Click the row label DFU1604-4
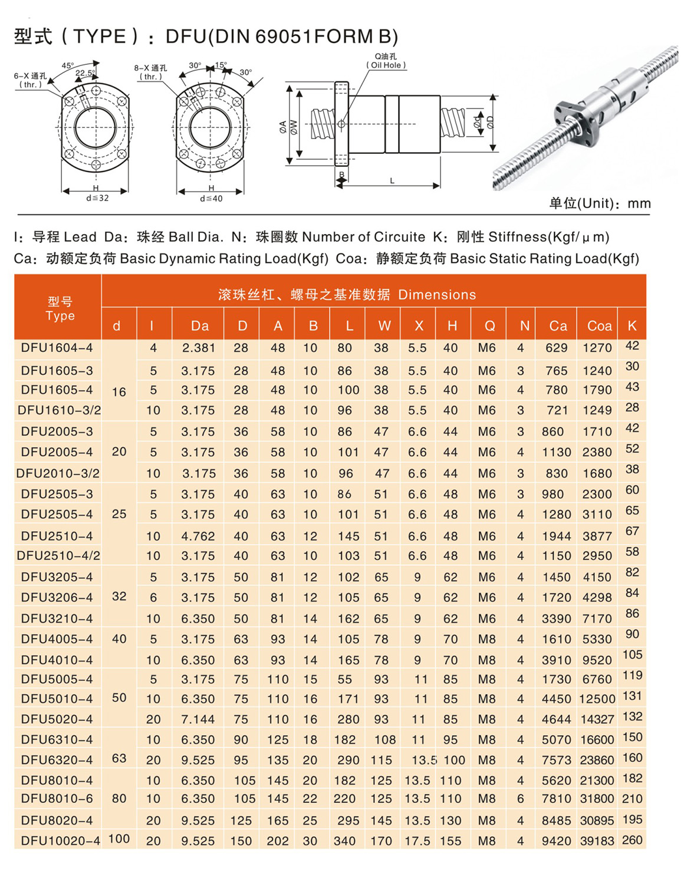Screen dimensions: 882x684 coord(57,348)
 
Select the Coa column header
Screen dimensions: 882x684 coord(599,325)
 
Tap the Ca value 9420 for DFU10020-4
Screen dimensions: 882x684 coord(557,841)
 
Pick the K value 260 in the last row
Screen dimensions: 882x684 coord(632,840)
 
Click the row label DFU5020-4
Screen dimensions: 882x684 coord(57,719)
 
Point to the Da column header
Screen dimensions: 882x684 coord(199,325)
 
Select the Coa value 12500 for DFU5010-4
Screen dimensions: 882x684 coord(597,699)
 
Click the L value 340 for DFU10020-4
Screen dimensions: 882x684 coord(344,841)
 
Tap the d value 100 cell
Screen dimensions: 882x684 coord(119,838)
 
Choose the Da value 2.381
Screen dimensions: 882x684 coord(198,348)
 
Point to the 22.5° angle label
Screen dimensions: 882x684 coord(84,73)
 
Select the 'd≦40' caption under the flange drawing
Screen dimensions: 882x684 coord(211,199)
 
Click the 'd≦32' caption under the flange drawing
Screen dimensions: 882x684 coord(97,198)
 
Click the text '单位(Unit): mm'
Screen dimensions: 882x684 coord(600,203)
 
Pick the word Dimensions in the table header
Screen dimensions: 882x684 coord(437,295)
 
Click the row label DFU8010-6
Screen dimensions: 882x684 coord(57,799)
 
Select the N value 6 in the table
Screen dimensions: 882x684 coord(520,799)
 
